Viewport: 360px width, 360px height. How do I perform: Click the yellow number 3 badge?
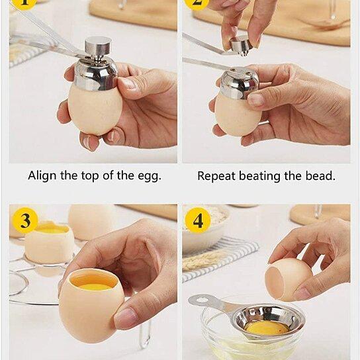25,220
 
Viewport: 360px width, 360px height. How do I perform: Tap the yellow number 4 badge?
198,220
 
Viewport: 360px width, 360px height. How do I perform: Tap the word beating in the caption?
259,176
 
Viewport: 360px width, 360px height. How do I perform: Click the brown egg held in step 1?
95,109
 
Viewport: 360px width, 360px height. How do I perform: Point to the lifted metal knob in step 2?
241,45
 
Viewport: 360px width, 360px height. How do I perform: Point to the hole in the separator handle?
202,299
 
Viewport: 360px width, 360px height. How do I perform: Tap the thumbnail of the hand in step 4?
302,292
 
